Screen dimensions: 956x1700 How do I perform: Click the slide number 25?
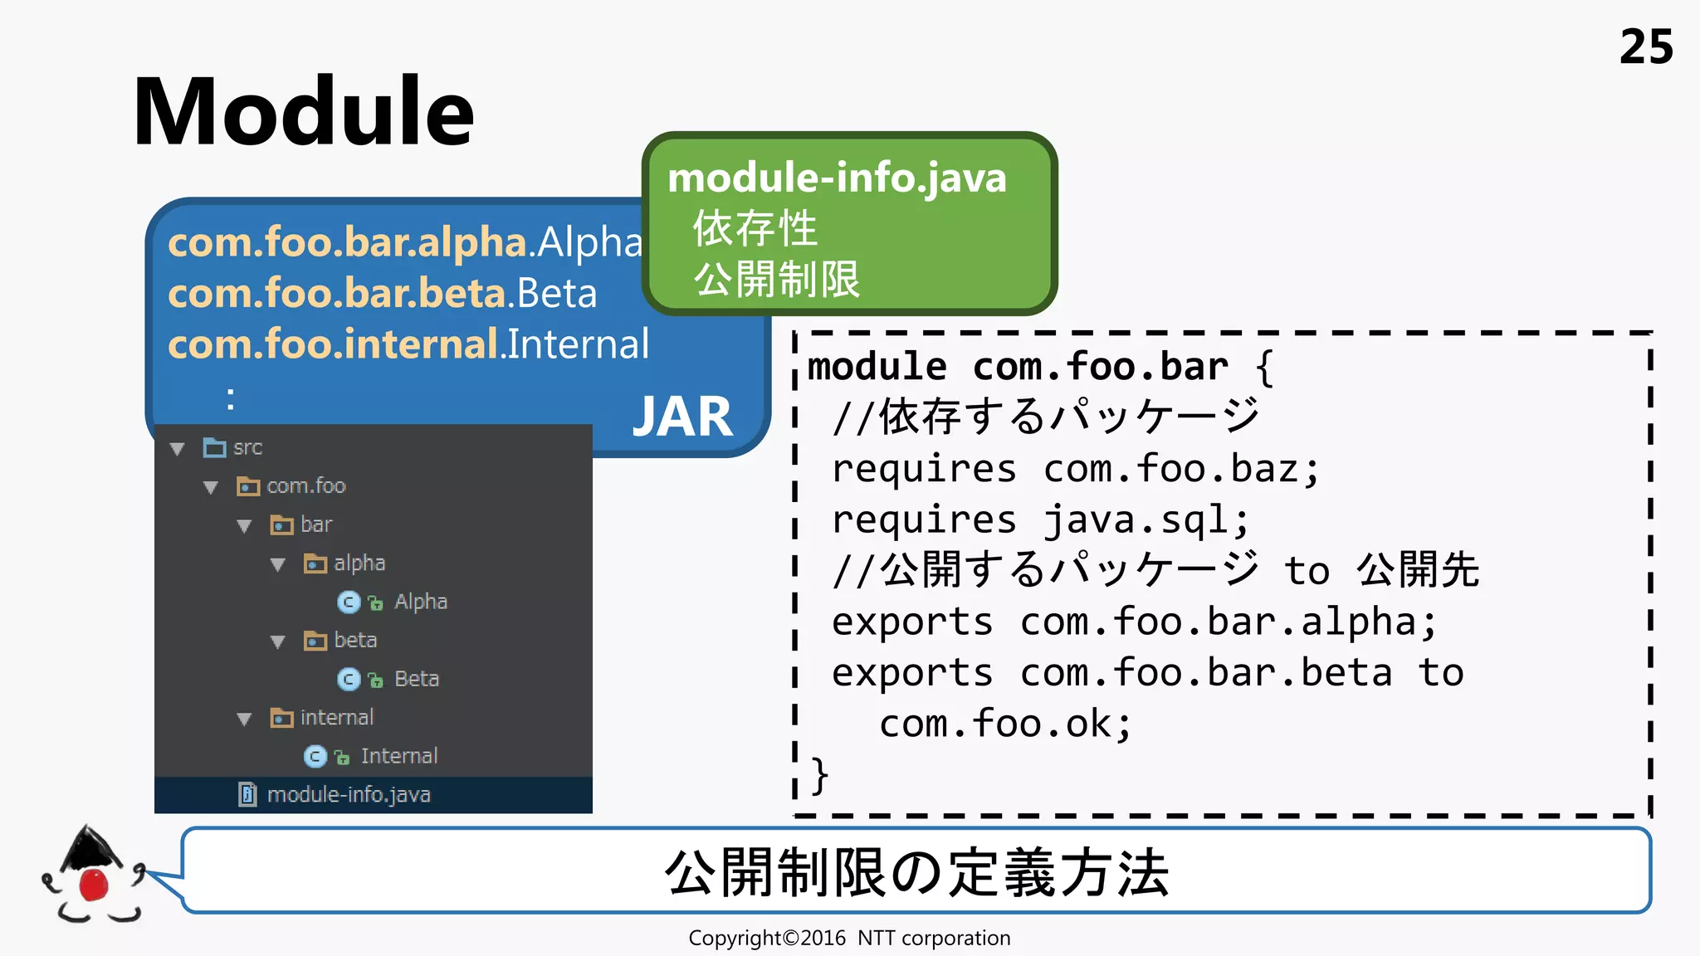coord(1645,47)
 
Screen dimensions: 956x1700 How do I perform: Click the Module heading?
coord(304,112)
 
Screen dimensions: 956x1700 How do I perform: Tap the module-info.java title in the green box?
coord(837,178)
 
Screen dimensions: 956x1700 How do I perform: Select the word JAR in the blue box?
coord(682,417)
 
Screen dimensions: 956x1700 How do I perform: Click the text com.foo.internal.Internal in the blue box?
coord(408,344)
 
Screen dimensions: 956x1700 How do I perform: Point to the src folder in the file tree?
coord(247,448)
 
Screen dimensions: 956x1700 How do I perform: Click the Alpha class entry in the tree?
coord(420,602)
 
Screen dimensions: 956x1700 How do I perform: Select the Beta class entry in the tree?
coord(416,679)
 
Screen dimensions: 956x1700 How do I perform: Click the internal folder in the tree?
coord(336,718)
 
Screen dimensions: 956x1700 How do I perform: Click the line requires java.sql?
coord(1040,520)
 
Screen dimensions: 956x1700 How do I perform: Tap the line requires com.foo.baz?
coord(1075,470)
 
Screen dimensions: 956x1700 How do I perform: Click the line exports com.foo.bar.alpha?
coord(1134,622)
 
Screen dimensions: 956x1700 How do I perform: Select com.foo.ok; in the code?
coord(1005,724)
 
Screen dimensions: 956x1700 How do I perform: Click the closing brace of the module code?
coord(819,775)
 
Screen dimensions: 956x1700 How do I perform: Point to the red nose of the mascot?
coord(93,885)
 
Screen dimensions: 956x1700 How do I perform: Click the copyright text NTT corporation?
coord(933,939)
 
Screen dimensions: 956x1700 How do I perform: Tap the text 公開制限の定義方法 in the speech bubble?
coord(916,872)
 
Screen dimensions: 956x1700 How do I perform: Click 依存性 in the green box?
coord(755,228)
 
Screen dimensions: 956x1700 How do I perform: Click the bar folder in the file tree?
coord(315,525)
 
